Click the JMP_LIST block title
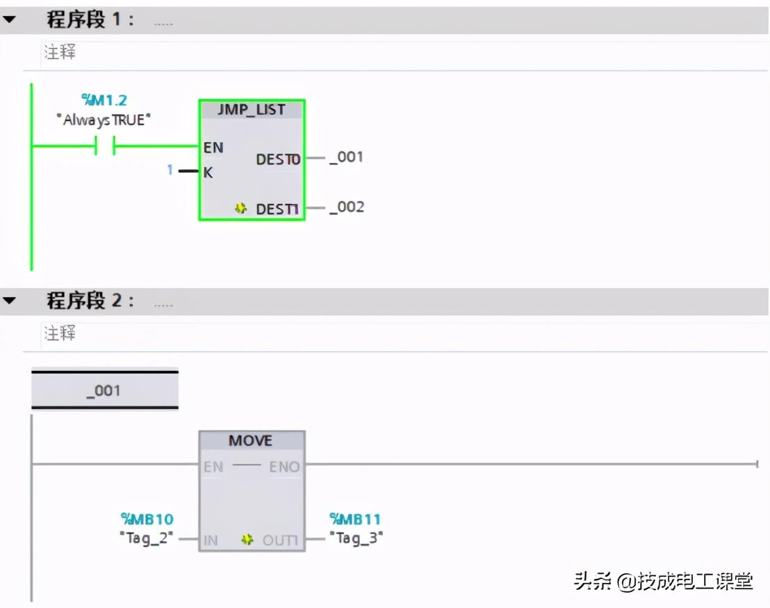[252, 110]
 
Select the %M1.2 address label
[104, 100]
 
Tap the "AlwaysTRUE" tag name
[104, 120]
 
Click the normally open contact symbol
[104, 146]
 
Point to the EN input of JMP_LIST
[213, 147]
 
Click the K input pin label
[208, 173]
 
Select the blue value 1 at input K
[170, 170]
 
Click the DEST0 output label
[278, 159]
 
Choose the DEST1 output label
[278, 208]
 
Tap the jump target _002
[347, 207]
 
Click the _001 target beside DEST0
[347, 157]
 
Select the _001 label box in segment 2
[104, 390]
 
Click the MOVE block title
[251, 441]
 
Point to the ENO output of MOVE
[284, 466]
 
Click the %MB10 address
[147, 519]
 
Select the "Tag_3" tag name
[356, 538]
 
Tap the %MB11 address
[355, 519]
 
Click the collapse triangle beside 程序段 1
[9, 19]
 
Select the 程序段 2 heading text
[90, 301]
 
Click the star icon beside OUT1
[247, 540]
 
